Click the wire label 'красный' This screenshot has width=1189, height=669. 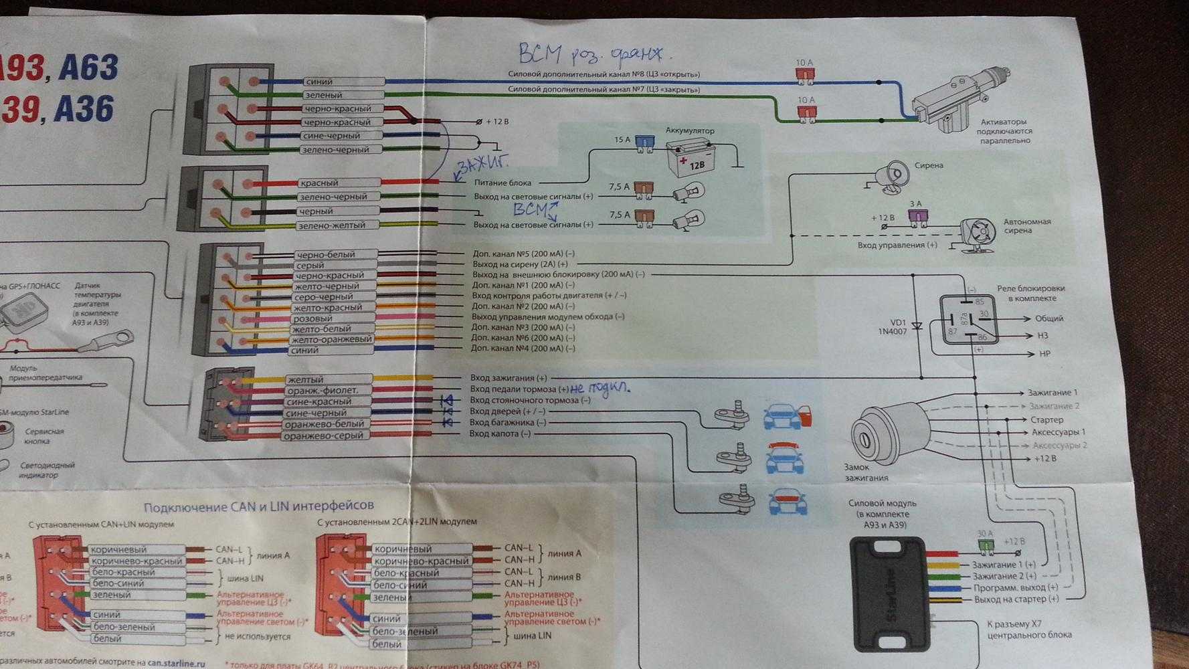[319, 183]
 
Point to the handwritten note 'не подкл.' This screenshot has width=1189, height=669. [600, 387]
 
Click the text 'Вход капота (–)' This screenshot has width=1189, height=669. [500, 434]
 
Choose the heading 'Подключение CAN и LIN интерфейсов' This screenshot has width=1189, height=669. [259, 505]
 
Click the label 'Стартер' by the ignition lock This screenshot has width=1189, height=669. [1046, 419]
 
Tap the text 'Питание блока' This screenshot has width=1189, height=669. [502, 183]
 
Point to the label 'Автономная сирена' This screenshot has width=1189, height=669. [1026, 226]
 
